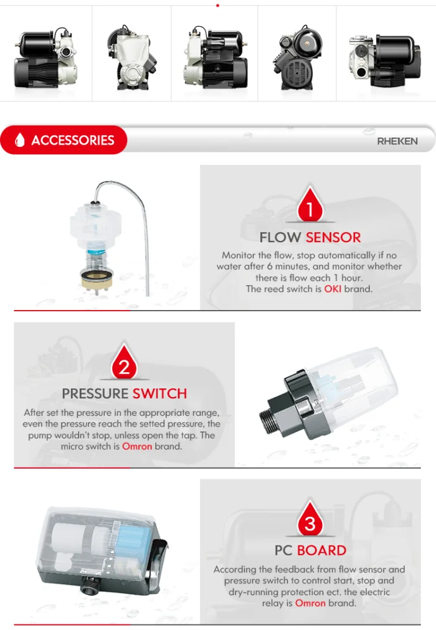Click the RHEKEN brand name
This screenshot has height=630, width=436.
tap(397, 141)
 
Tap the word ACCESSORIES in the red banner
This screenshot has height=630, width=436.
tap(73, 140)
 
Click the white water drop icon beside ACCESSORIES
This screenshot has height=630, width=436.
tap(20, 140)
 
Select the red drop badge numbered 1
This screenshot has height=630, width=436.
tap(310, 204)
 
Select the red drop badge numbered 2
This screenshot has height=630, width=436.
tap(124, 362)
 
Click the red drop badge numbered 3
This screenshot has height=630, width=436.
tap(310, 519)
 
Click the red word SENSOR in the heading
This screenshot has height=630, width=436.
tap(333, 237)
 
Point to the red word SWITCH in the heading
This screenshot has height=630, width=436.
tap(160, 393)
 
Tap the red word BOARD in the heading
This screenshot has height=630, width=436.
tap(321, 550)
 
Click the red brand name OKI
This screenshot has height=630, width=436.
tap(333, 289)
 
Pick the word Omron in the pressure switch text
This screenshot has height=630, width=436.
tap(137, 446)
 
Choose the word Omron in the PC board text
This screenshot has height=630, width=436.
tap(310, 603)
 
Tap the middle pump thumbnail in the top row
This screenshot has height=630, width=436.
tap(215, 57)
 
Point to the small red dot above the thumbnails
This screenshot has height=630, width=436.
tap(218, 6)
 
